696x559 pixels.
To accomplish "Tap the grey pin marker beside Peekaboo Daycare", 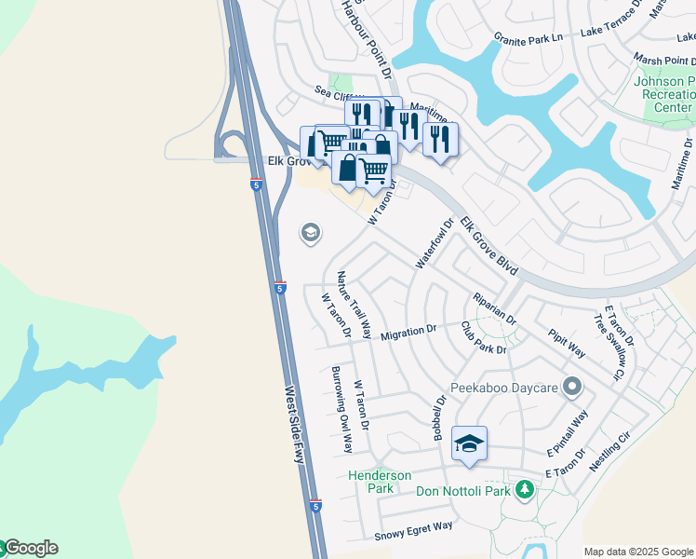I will tap(572, 385).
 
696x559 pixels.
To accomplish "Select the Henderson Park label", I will tap(380, 482).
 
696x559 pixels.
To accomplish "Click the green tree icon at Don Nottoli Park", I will tap(525, 489).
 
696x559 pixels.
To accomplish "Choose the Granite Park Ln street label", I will tap(529, 38).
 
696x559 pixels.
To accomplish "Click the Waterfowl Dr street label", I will tap(434, 244).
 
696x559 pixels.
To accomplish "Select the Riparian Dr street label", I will tap(495, 308).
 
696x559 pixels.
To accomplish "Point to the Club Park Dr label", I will tap(484, 338).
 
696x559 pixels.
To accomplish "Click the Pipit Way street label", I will tap(567, 343).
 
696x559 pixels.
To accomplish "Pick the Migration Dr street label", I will tap(408, 332).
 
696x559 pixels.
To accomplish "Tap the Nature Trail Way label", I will tap(355, 305).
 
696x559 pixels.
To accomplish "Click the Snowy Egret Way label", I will tap(413, 532).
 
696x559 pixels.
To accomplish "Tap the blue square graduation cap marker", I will tap(469, 444).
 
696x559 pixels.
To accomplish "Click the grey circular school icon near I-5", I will tap(311, 233).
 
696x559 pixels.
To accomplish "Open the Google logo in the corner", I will tap(30, 548).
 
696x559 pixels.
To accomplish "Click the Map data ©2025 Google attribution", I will tap(638, 552).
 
